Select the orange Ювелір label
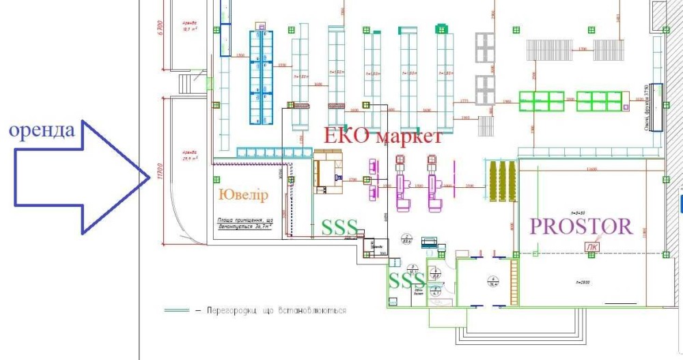pyautogui.click(x=243, y=195)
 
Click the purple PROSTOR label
pyautogui.click(x=581, y=227)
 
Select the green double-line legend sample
pyautogui.click(x=176, y=310)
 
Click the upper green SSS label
pyautogui.click(x=339, y=228)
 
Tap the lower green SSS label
pyautogui.click(x=406, y=280)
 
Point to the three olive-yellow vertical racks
pyautogui.click(x=501, y=181)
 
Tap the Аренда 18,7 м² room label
pyautogui.click(x=185, y=28)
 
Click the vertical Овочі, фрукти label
pyautogui.click(x=645, y=105)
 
